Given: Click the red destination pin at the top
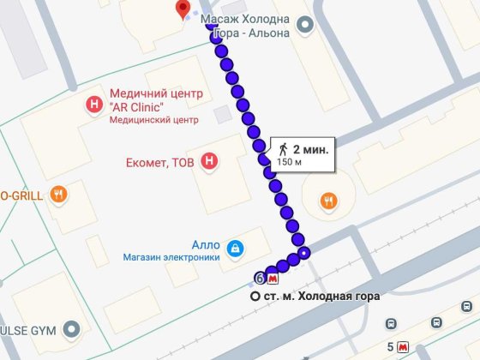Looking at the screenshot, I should tap(183, 9).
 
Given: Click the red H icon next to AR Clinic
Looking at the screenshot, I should tap(94, 105).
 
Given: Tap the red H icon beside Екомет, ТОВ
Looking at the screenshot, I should tap(208, 160).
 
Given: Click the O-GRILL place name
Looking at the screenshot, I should tap(24, 194).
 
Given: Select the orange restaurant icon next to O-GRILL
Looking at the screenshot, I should tap(58, 194).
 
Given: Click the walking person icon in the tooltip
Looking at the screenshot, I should tap(283, 148).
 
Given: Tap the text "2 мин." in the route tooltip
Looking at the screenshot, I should tap(309, 147).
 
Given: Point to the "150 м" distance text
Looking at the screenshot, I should tap(291, 162).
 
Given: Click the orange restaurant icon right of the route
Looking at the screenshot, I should tap(327, 201).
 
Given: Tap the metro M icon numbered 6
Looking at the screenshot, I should tap(273, 278).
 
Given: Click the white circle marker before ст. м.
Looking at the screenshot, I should tap(255, 296).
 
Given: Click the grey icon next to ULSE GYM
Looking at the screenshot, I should tap(72, 329).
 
